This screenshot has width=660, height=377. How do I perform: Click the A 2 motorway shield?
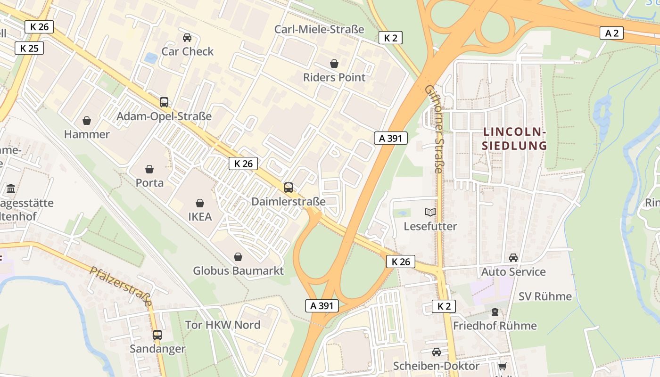(612, 33)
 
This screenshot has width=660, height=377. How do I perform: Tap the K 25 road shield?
(29, 48)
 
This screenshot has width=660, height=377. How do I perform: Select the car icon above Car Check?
(187, 38)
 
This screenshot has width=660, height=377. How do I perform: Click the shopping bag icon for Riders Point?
(334, 64)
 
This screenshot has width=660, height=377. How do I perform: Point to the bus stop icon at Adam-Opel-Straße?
(164, 102)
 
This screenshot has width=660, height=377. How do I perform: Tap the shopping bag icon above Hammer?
(87, 121)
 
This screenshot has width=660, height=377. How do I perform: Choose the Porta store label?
(149, 182)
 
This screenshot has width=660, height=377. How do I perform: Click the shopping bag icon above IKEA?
(200, 203)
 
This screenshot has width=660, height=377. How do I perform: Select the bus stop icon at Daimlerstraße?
(289, 188)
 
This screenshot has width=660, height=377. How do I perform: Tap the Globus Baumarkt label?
(238, 270)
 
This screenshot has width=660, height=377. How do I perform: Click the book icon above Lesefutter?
(430, 213)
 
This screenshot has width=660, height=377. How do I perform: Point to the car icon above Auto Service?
(513, 258)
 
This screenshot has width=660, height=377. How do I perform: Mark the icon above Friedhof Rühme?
(495, 311)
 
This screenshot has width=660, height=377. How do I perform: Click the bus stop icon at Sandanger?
(157, 335)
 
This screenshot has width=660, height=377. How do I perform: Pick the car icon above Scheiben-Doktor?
(437, 352)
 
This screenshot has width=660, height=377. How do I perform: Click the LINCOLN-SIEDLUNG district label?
(514, 139)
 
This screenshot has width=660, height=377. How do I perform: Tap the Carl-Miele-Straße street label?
(319, 29)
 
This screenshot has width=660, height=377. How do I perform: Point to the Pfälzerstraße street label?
(121, 286)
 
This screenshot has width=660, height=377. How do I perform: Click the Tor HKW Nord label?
(223, 325)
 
